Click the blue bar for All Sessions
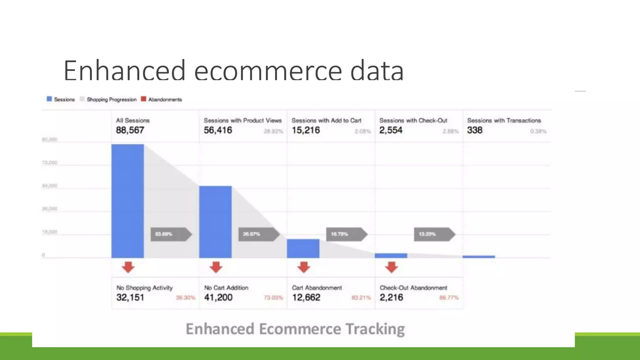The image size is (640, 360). (x=127, y=201)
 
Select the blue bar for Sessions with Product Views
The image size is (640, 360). (x=215, y=222)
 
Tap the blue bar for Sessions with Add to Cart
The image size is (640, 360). (x=303, y=248)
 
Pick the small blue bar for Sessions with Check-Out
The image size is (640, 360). (x=391, y=256)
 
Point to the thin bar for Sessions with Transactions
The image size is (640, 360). (x=479, y=257)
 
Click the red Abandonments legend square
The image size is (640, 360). (x=143, y=99)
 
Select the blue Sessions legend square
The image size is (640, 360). (x=49, y=99)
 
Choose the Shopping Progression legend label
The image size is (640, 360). (x=112, y=100)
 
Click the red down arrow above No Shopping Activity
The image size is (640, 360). (x=128, y=267)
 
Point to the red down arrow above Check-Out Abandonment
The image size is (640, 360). (x=392, y=267)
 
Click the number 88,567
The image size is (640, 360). (x=130, y=130)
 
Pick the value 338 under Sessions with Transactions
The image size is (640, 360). (x=475, y=130)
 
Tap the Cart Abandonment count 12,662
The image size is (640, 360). (x=306, y=297)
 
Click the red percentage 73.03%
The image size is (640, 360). (x=273, y=297)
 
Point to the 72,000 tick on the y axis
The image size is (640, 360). (x=50, y=162)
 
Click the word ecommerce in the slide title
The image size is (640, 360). (x=268, y=71)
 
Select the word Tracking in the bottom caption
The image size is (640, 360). (x=375, y=329)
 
